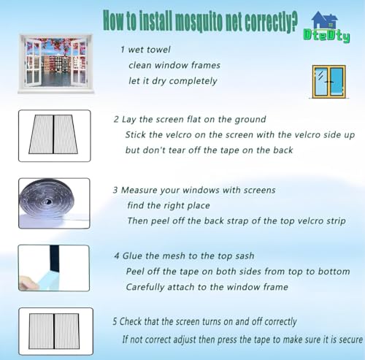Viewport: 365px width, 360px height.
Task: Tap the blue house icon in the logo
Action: [x=325, y=20]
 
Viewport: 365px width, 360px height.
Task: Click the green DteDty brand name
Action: [x=327, y=36]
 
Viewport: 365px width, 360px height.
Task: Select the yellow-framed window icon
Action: [x=328, y=82]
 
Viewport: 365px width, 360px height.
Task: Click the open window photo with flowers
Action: [x=55, y=64]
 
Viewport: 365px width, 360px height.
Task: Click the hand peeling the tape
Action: [x=28, y=282]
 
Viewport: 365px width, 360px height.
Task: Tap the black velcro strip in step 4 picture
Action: [x=54, y=258]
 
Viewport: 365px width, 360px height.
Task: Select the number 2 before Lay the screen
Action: [x=116, y=120]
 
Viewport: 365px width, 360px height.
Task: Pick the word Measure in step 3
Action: [x=139, y=190]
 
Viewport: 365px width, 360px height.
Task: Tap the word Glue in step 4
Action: [x=133, y=256]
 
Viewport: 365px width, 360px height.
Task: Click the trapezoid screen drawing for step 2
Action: [x=53, y=134]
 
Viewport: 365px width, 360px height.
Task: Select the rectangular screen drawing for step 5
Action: [x=54, y=332]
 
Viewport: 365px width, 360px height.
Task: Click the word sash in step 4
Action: [x=245, y=256]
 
